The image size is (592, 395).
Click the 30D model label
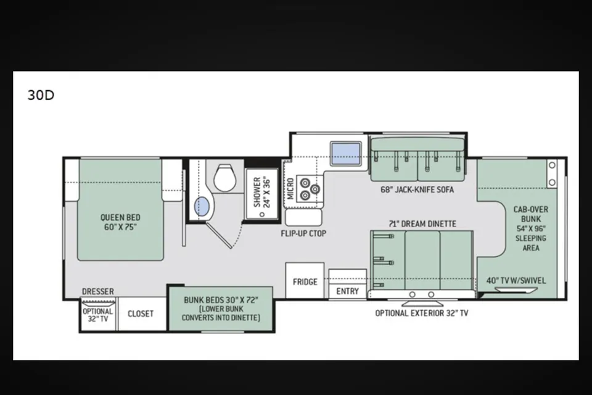coord(41,95)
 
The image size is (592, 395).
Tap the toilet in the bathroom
coord(225,178)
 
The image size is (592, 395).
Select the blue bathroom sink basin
coord(202,207)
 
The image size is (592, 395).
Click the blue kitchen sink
coord(346,154)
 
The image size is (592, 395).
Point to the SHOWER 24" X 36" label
coord(263,192)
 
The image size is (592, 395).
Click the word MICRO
coord(290,189)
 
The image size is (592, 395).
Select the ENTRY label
coord(347,291)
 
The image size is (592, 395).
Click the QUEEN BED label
coord(120,217)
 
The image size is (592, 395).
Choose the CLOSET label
coord(141,314)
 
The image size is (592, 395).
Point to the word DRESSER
coord(98,291)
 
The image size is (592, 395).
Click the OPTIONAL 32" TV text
coord(98,315)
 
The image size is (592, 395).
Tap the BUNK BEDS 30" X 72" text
coord(221,300)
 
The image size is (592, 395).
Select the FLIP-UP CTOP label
coord(303,233)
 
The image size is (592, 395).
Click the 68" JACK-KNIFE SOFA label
coord(417,189)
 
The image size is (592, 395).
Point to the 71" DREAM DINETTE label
coord(422,224)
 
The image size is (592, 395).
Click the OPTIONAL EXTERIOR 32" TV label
coord(422,313)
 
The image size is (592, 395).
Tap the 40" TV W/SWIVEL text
coord(516,280)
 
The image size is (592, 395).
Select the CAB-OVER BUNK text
coord(531,214)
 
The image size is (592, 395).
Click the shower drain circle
coord(262,214)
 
